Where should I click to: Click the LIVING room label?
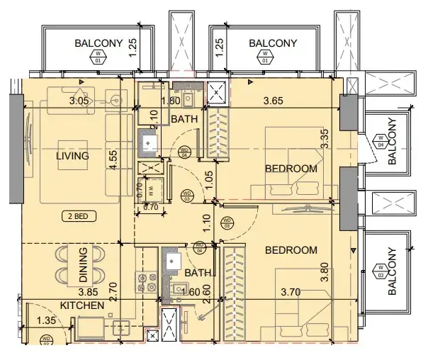coord(73,156)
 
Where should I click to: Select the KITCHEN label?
coord(82,305)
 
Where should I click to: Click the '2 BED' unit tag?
coord(79,216)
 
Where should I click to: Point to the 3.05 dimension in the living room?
coord(79,101)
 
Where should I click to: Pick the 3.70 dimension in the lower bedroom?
coord(291,291)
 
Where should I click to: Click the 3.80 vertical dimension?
coord(325,274)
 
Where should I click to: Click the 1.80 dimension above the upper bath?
coord(171,101)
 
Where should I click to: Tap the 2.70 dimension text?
coord(112,289)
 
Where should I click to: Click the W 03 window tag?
coord(380,271)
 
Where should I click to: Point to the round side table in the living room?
coord(116,101)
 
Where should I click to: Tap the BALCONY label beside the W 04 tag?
coord(393,141)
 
